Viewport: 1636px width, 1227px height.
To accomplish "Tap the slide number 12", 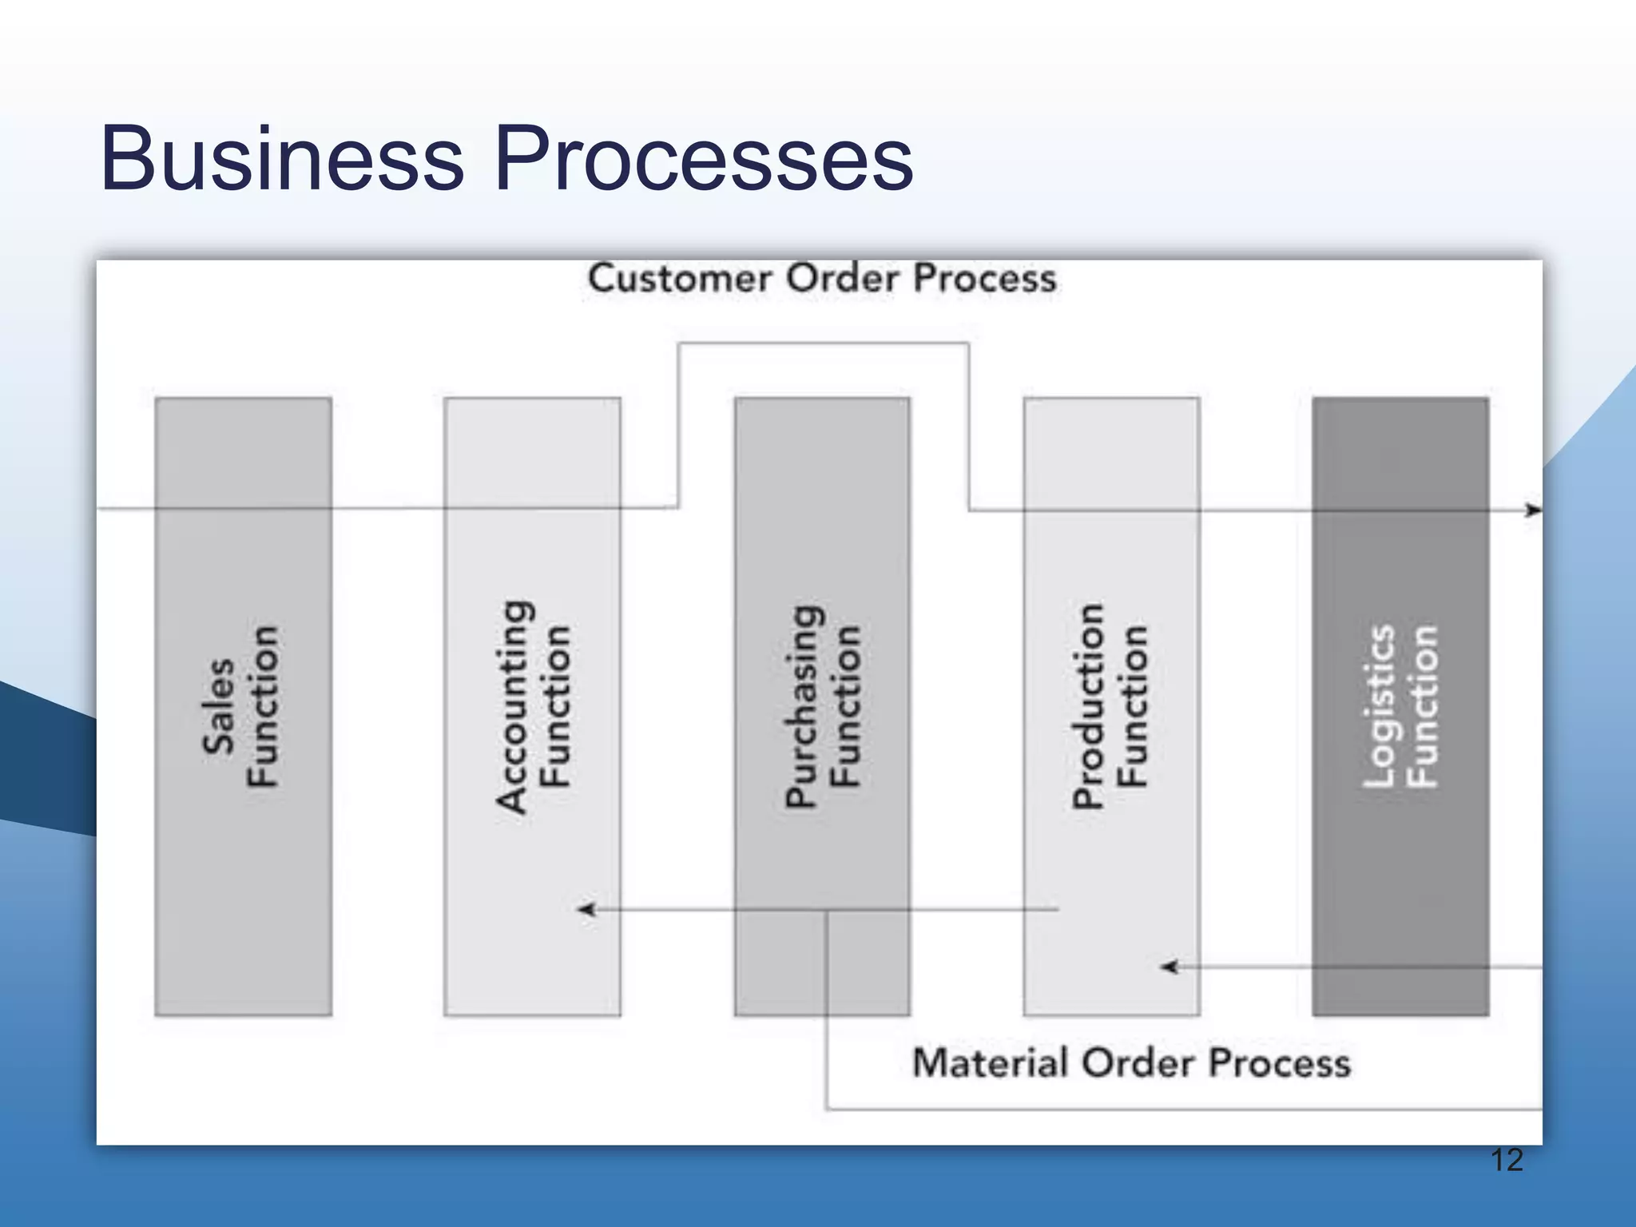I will tap(1507, 1160).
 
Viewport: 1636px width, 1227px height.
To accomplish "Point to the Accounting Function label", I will tap(533, 707).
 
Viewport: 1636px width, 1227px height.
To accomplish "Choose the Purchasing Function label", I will tap(823, 707).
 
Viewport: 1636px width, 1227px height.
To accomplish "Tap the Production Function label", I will tap(1110, 707).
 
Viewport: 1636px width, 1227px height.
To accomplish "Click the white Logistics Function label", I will tap(1400, 707).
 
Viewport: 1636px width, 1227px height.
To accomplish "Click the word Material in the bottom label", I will tap(990, 1063).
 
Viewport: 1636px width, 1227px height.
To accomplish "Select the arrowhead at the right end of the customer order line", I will tap(1533, 510).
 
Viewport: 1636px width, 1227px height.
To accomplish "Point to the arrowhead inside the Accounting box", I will tap(587, 909).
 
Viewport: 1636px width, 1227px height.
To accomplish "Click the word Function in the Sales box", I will tap(262, 707).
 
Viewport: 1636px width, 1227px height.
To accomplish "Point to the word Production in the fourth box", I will tap(1089, 707).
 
